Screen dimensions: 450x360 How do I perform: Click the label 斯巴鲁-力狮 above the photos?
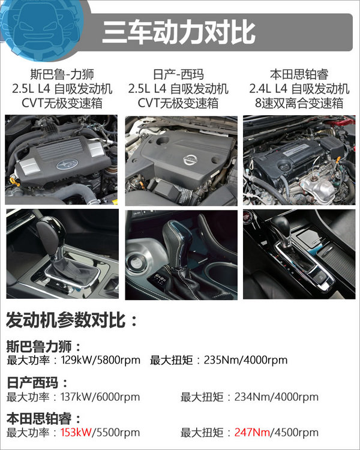61,75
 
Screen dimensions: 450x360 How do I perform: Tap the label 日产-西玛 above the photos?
178,75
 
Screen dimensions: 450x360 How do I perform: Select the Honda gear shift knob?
283,229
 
